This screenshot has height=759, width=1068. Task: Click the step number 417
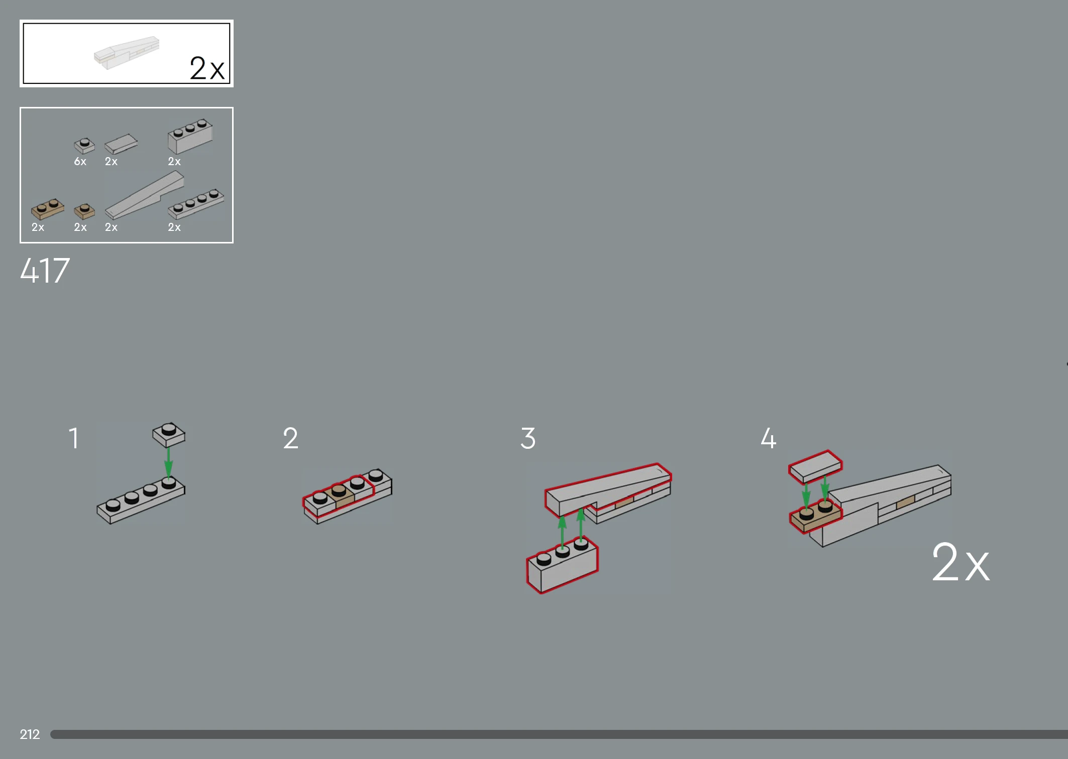(x=45, y=271)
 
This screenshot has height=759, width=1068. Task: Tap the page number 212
(x=30, y=734)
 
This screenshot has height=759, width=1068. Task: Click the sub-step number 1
(x=74, y=438)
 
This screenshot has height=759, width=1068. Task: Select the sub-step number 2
(x=290, y=438)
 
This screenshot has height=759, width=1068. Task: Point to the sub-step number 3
(x=528, y=438)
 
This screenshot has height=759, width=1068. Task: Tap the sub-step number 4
(x=768, y=438)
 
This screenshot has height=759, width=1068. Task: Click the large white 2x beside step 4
(x=960, y=562)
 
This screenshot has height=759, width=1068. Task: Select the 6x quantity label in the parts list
(x=80, y=161)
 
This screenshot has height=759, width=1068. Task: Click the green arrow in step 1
(x=169, y=462)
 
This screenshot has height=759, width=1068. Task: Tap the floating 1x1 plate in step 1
(x=169, y=435)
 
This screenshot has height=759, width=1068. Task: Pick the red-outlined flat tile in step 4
(x=815, y=466)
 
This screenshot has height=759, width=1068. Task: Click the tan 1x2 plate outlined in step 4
(x=815, y=518)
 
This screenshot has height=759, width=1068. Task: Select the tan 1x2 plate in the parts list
(x=48, y=209)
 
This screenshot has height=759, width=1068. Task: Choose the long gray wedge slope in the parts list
(x=145, y=195)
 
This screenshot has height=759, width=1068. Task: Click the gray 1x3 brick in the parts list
(x=190, y=136)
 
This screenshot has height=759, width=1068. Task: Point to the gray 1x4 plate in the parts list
(x=196, y=204)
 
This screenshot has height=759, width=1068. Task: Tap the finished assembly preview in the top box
(x=127, y=52)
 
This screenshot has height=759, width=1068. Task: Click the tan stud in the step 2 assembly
(x=339, y=489)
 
